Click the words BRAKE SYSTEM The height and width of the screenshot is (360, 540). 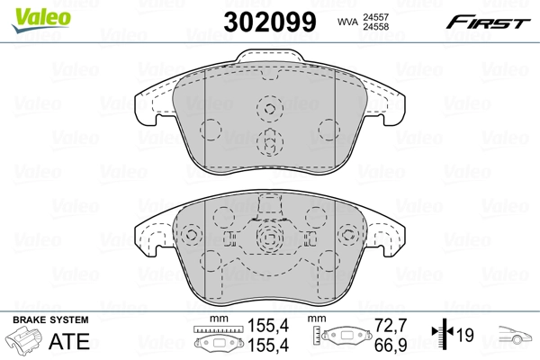[x=49, y=320]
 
